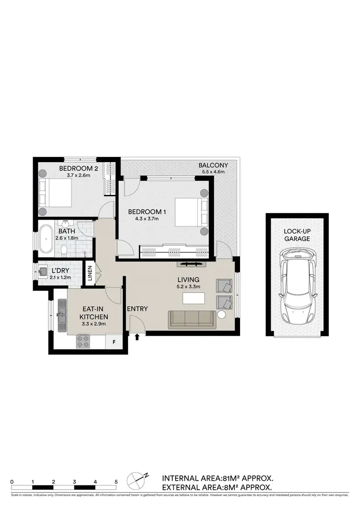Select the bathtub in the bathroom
(47, 238)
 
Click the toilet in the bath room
(64, 249)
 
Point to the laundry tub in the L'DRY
(42, 272)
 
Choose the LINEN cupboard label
(89, 274)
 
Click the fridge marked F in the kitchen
(114, 342)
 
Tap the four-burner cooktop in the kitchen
(84, 342)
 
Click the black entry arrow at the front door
(137, 337)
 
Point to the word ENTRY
(137, 308)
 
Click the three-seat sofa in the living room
(192, 320)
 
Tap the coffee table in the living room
(194, 298)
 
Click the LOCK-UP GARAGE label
(297, 235)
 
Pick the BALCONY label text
(213, 166)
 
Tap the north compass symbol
(138, 480)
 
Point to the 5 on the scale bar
(116, 481)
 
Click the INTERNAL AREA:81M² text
(217, 478)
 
